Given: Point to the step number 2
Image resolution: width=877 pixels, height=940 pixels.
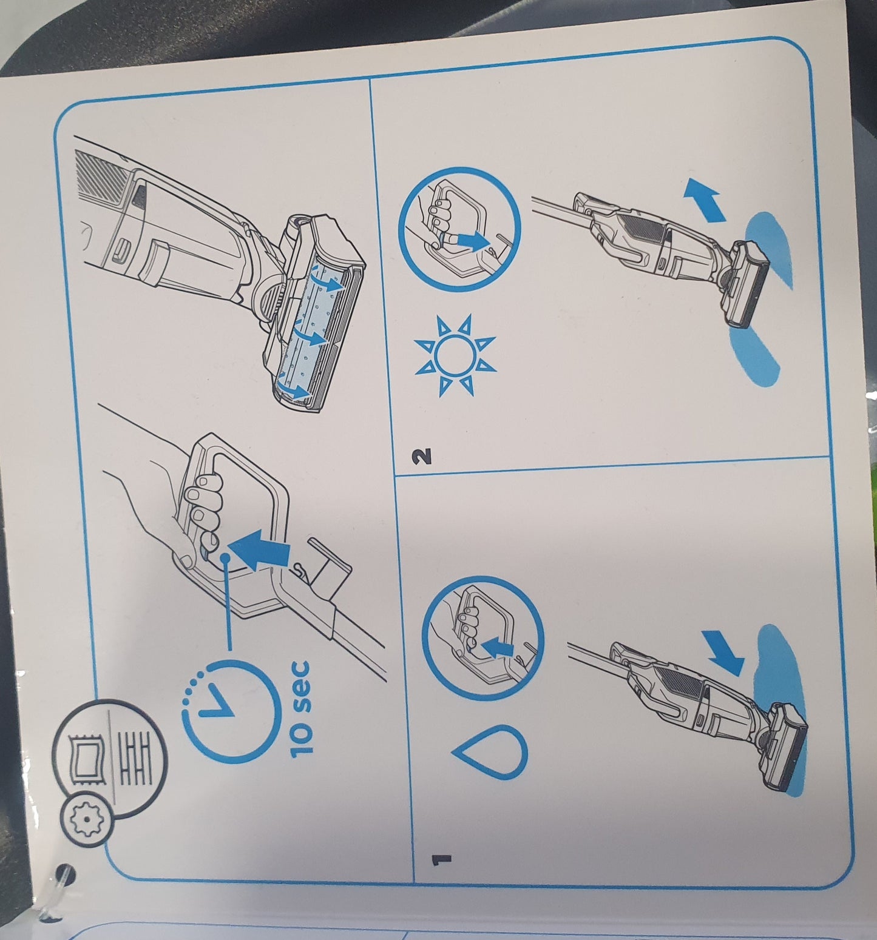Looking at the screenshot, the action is (x=424, y=455).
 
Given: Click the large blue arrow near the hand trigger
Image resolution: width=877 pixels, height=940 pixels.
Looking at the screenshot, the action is (x=257, y=549).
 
